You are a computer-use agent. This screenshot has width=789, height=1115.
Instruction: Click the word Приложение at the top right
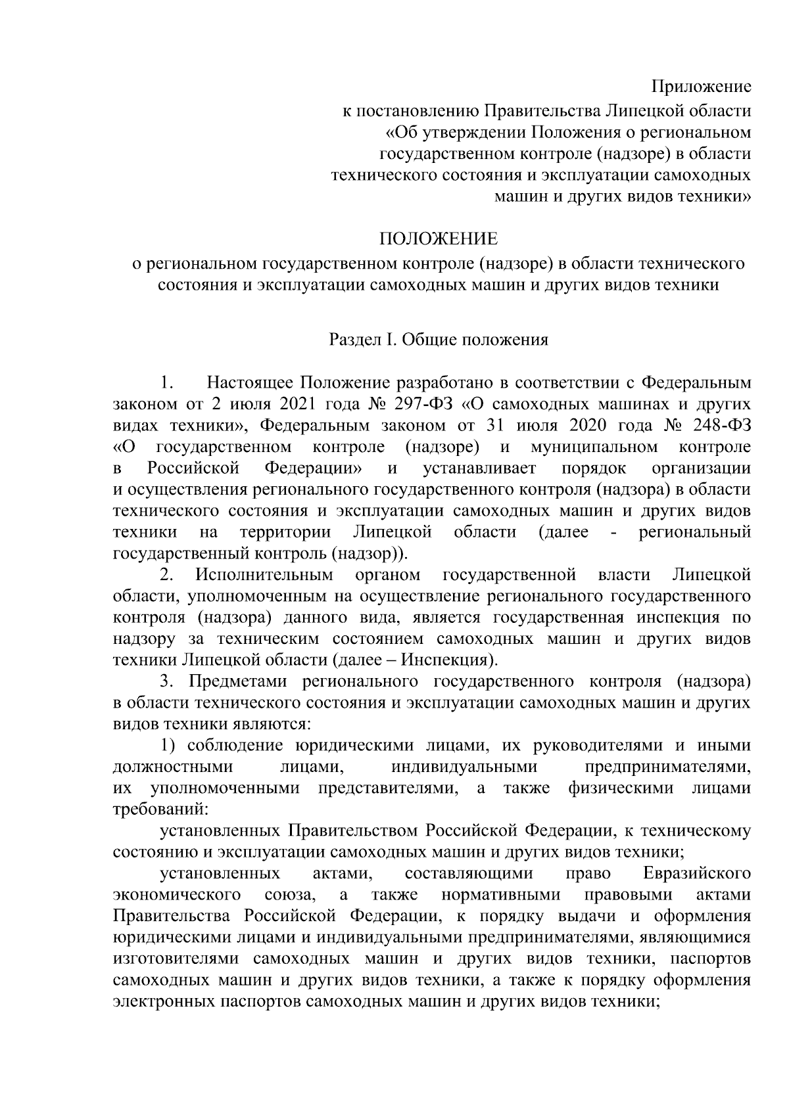tap(701, 87)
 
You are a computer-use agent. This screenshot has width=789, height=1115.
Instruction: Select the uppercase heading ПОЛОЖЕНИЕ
tap(437, 237)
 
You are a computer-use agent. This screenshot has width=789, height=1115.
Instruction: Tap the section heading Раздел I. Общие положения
tap(438, 340)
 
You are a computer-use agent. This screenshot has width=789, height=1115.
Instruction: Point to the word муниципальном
tap(592, 447)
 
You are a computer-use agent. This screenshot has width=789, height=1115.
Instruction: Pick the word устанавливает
tap(480, 468)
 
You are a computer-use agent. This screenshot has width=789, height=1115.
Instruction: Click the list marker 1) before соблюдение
tap(170, 745)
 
